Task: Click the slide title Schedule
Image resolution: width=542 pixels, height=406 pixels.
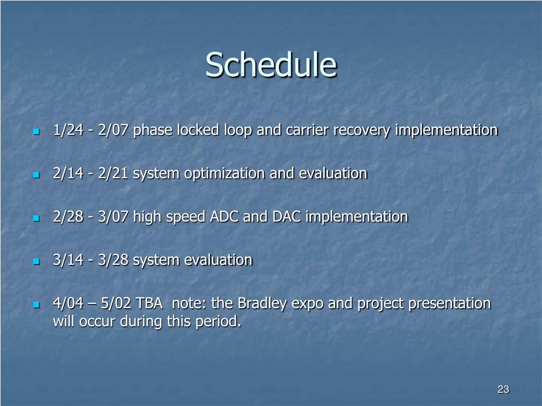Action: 271,64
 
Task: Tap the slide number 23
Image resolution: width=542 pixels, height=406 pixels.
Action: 503,389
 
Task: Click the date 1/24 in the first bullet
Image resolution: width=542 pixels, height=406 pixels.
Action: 68,130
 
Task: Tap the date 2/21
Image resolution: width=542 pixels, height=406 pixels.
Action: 113,173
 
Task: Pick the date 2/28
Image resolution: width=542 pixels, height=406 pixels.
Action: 68,217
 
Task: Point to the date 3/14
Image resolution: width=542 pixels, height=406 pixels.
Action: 68,260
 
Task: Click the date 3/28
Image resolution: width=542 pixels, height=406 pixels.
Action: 113,260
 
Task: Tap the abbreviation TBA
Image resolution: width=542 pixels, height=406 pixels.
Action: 149,303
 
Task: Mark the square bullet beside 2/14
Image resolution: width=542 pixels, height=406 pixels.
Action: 37,175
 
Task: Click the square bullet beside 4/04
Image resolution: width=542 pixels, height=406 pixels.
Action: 37,305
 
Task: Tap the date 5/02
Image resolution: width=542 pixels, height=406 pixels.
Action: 116,303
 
